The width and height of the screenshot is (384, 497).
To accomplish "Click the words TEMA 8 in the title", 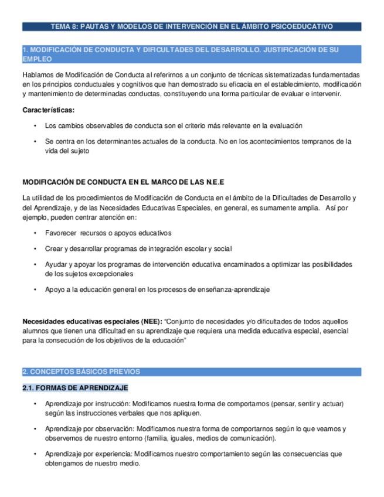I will [x=63, y=26].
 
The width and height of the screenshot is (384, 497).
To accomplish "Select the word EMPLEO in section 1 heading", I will [x=36, y=59].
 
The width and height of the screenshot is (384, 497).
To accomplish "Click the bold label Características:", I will [x=48, y=110].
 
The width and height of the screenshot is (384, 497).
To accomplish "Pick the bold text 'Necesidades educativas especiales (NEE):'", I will [x=92, y=321].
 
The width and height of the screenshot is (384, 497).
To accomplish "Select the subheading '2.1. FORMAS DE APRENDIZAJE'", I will [x=75, y=388].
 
